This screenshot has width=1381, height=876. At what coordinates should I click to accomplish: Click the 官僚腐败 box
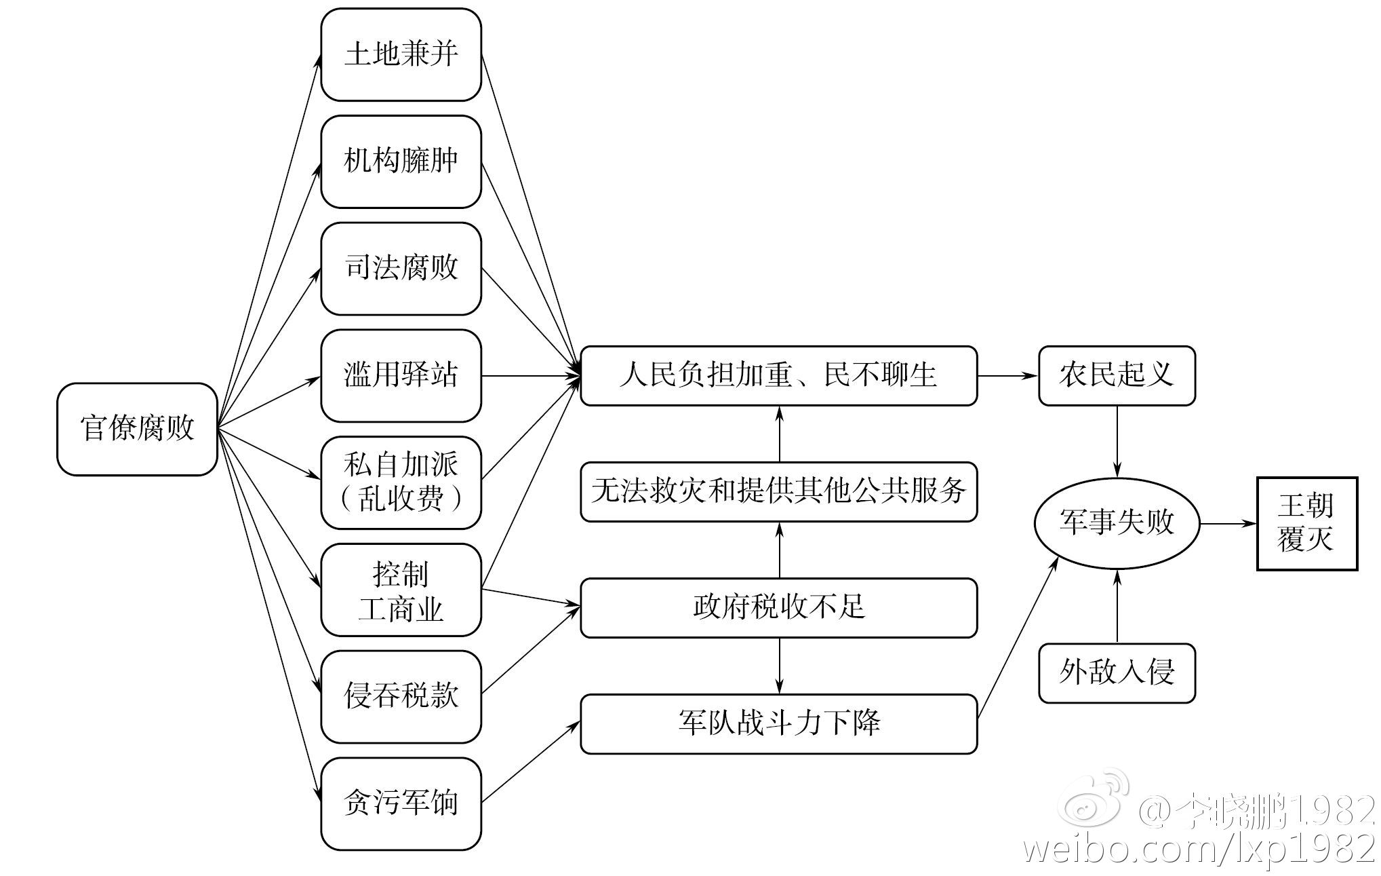(137, 429)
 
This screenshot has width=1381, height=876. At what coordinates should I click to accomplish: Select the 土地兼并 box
(401, 54)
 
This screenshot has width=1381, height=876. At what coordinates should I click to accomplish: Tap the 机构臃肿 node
(401, 161)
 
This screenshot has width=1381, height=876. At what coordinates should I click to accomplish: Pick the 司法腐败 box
(401, 269)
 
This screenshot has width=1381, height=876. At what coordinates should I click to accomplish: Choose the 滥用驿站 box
(401, 375)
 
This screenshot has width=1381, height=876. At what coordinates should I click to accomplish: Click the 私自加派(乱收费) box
(401, 482)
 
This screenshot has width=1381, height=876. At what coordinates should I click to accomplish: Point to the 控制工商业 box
(401, 590)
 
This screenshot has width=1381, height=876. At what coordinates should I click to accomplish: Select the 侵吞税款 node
(401, 697)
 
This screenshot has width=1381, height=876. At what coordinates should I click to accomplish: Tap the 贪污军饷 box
(401, 803)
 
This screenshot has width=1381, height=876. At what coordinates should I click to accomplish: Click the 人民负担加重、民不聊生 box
(778, 375)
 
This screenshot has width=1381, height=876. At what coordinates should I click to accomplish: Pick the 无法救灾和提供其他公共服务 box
(778, 491)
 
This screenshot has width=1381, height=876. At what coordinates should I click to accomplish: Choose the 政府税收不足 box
(778, 607)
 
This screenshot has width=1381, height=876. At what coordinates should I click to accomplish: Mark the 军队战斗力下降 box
(778, 723)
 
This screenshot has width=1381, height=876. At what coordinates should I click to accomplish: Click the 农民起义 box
(1117, 375)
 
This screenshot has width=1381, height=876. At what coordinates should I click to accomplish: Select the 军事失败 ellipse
(1117, 523)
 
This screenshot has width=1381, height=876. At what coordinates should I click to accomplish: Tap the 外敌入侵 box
(1117, 672)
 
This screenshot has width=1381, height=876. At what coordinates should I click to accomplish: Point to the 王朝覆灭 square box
(1306, 523)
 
